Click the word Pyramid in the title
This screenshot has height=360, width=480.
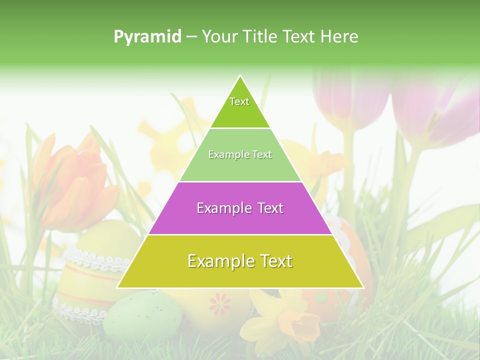[147, 37]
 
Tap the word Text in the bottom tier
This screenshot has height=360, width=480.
[273, 261]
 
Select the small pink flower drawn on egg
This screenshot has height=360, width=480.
[220, 304]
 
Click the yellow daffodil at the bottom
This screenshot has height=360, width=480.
[290, 320]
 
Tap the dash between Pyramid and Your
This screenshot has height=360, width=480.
[191, 37]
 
